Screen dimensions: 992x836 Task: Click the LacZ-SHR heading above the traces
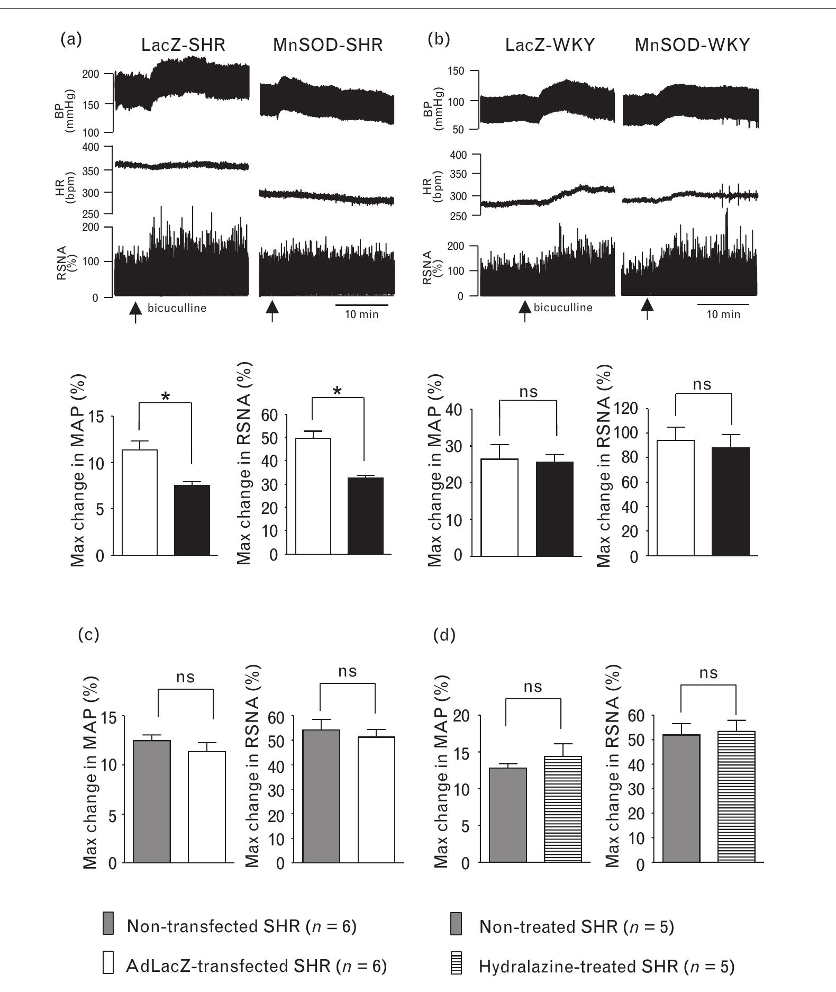tap(183, 46)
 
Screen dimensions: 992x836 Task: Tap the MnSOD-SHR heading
tap(328, 46)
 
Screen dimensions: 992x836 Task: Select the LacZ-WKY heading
tap(550, 46)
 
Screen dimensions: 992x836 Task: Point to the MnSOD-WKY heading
tap(692, 46)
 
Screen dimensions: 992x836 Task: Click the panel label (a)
tap(71, 39)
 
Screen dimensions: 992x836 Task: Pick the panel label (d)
tap(444, 635)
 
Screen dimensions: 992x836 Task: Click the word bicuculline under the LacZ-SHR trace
tap(177, 308)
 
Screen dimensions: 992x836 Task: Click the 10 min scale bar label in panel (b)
tap(723, 314)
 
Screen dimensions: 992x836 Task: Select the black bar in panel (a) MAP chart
tap(192, 519)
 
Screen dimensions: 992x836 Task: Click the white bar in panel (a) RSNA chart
tap(313, 496)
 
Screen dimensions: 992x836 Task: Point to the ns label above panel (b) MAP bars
tap(528, 392)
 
